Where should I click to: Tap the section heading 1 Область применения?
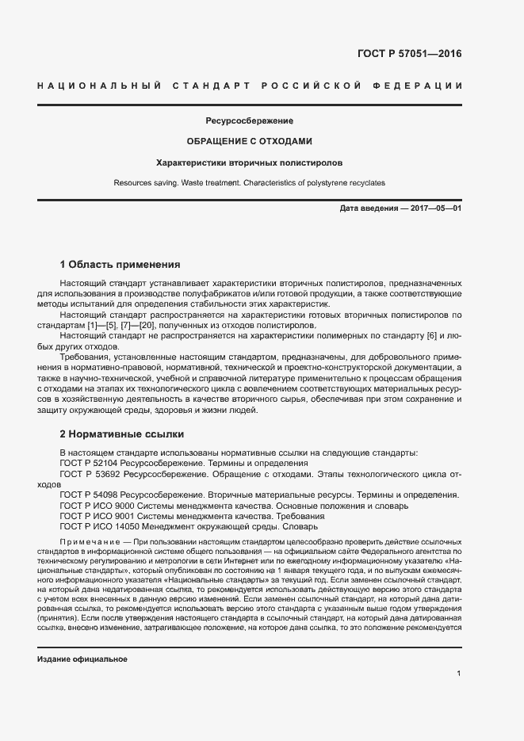(120, 264)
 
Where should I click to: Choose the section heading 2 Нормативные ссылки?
(122, 434)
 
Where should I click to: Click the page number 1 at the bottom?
(459, 674)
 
